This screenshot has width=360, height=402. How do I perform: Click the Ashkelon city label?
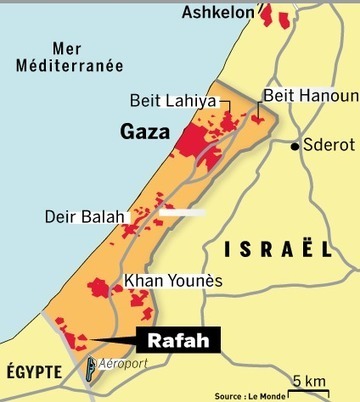(218, 13)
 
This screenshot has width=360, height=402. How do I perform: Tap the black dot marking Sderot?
(295, 146)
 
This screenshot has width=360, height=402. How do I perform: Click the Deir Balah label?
(85, 216)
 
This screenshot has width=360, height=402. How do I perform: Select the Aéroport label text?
(125, 366)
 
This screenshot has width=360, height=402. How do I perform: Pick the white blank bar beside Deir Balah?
(183, 212)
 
